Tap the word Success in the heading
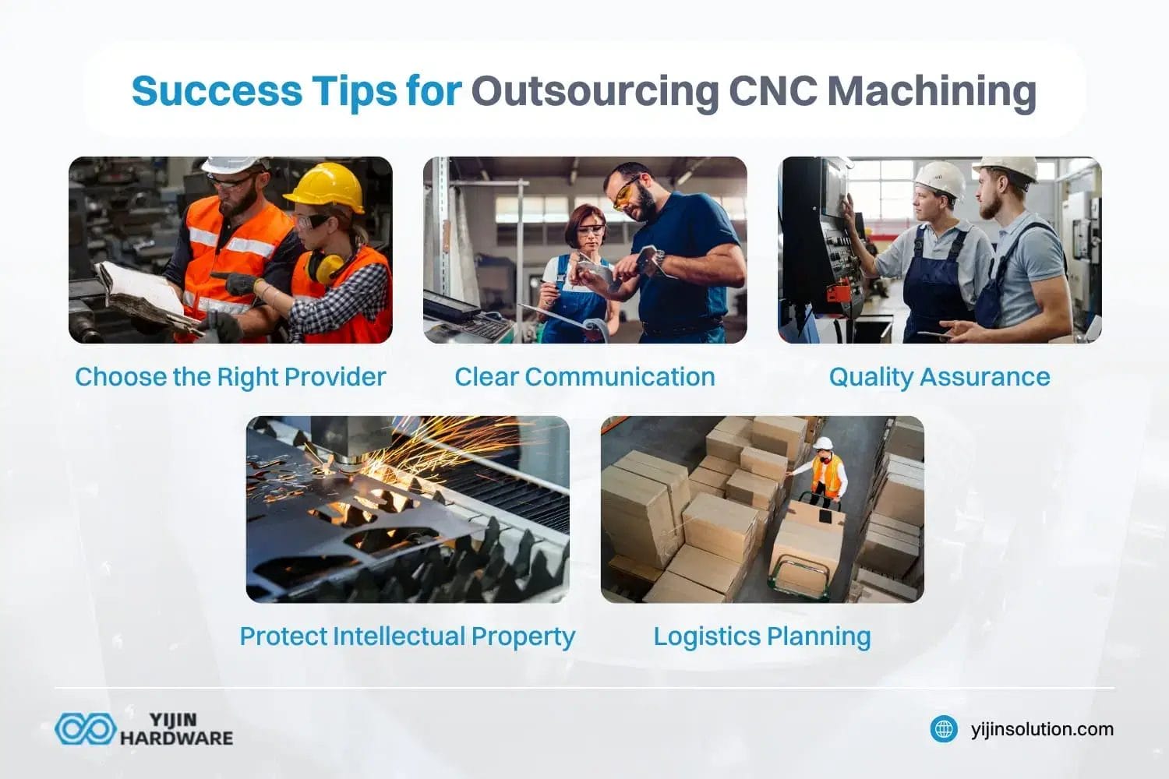(216, 91)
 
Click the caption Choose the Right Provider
(230, 377)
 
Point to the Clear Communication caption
(584, 377)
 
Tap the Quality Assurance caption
(939, 377)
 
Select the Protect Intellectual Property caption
(407, 636)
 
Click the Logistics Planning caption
(761, 636)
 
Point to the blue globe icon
(944, 729)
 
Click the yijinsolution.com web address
(1042, 729)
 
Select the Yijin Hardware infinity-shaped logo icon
(85, 729)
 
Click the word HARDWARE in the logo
(176, 738)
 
